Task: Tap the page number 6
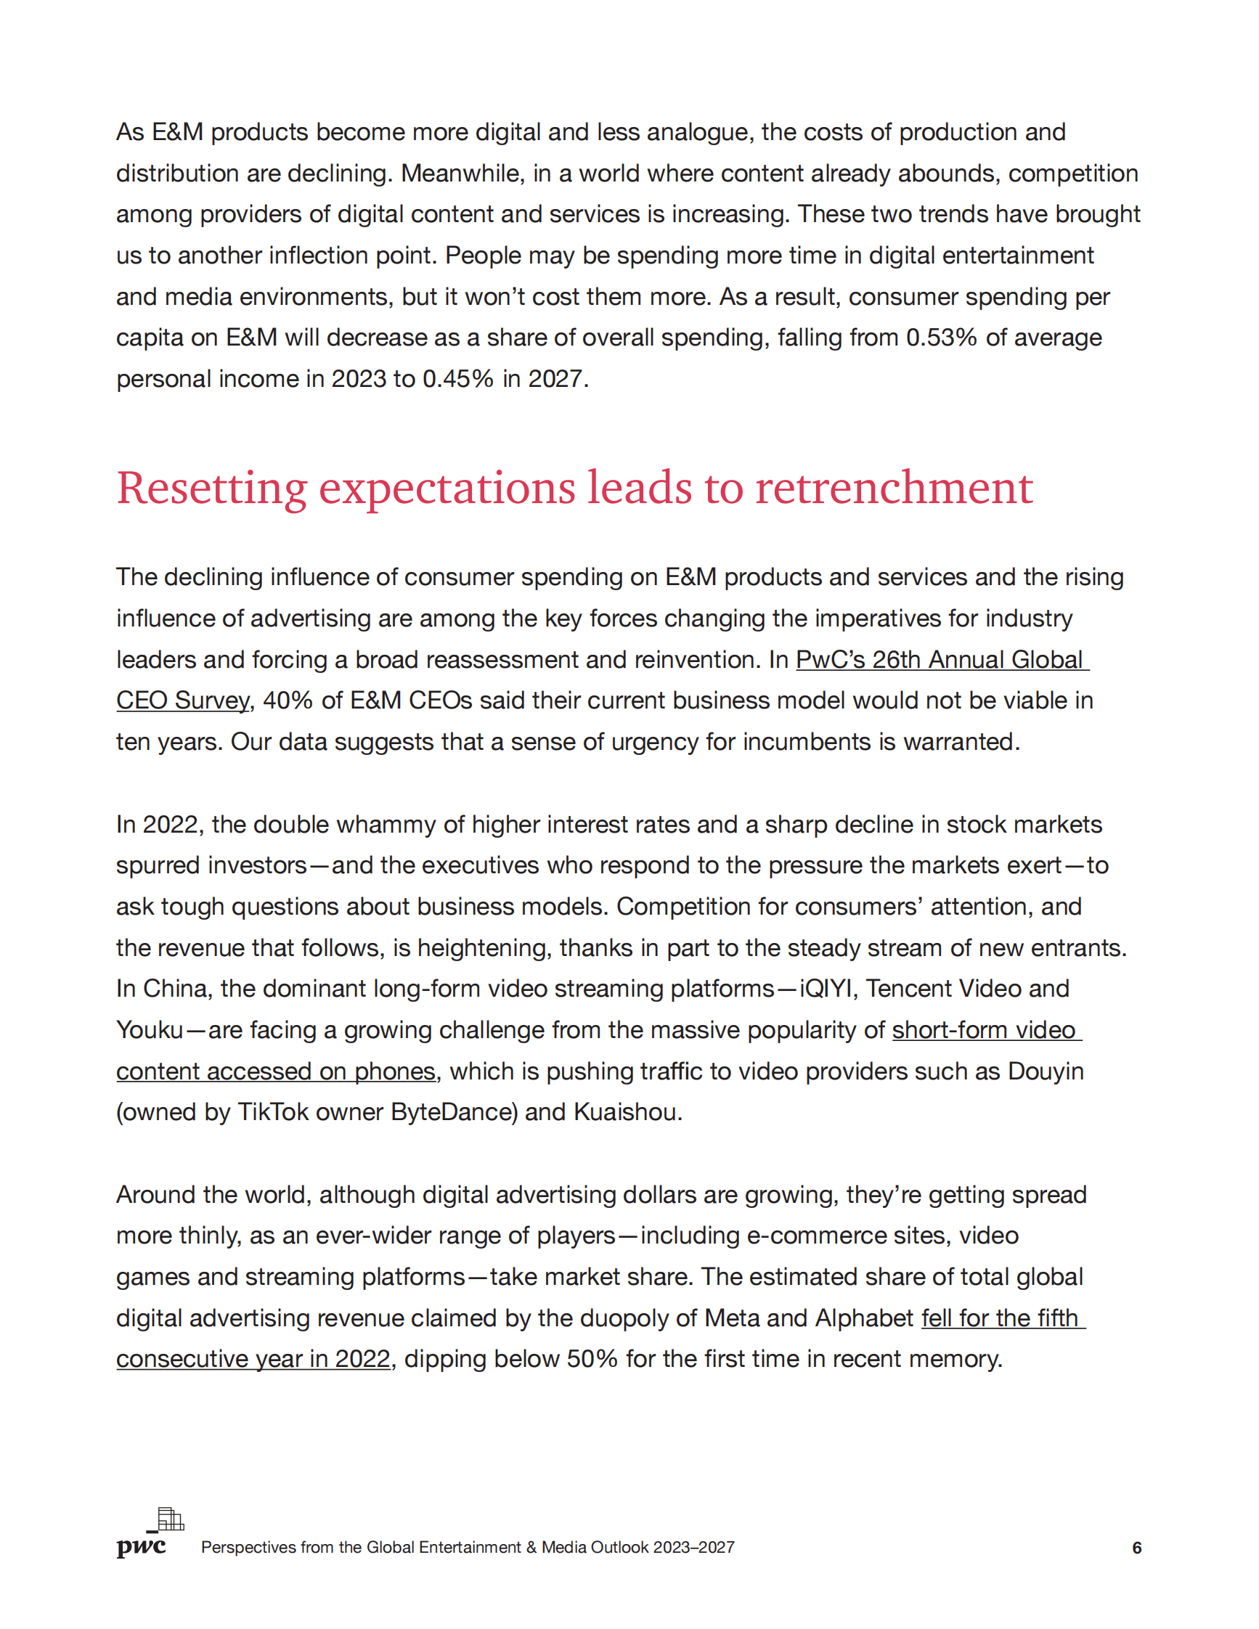1137,1548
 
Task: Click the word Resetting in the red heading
211,489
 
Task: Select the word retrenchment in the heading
894,489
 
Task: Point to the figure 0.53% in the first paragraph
941,338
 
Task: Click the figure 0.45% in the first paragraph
458,379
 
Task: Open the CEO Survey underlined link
183,701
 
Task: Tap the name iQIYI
825,988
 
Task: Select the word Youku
150,1030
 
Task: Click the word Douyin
1046,1071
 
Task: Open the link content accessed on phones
275,1071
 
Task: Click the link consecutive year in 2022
253,1359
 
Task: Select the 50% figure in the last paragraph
592,1359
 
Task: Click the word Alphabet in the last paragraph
864,1318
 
